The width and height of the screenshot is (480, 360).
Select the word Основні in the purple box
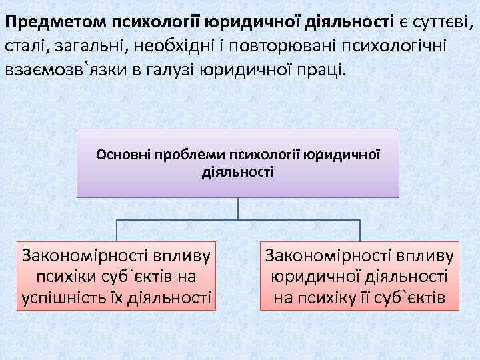[123, 155]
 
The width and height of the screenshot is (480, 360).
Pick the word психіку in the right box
[349, 298]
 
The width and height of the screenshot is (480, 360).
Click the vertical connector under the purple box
[238, 208]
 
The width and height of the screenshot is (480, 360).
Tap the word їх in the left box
[121, 298]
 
